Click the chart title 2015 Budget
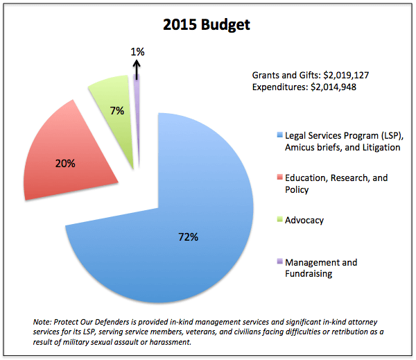(x=207, y=26)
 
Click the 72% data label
(x=188, y=237)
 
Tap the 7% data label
(x=116, y=110)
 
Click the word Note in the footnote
(x=43, y=323)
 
